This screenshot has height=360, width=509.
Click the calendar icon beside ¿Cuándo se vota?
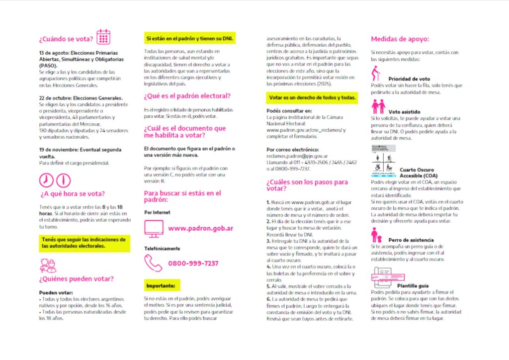103,37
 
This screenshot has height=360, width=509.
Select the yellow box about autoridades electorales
84,243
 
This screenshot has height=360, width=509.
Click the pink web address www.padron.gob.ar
201,229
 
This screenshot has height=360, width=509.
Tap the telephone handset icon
153,263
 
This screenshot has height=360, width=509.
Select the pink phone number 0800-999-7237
193,263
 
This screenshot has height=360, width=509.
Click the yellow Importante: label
161,286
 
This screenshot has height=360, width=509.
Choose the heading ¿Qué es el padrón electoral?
187,96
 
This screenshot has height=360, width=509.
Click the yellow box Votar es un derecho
312,97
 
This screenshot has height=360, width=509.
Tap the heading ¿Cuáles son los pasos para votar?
307,185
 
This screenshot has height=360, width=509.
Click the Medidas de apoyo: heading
400,39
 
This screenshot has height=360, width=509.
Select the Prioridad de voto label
409,79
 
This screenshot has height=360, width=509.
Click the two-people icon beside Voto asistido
378,106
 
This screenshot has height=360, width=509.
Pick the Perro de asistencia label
411,240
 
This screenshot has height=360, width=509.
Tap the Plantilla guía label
413,286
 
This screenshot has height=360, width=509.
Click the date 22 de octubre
55,97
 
